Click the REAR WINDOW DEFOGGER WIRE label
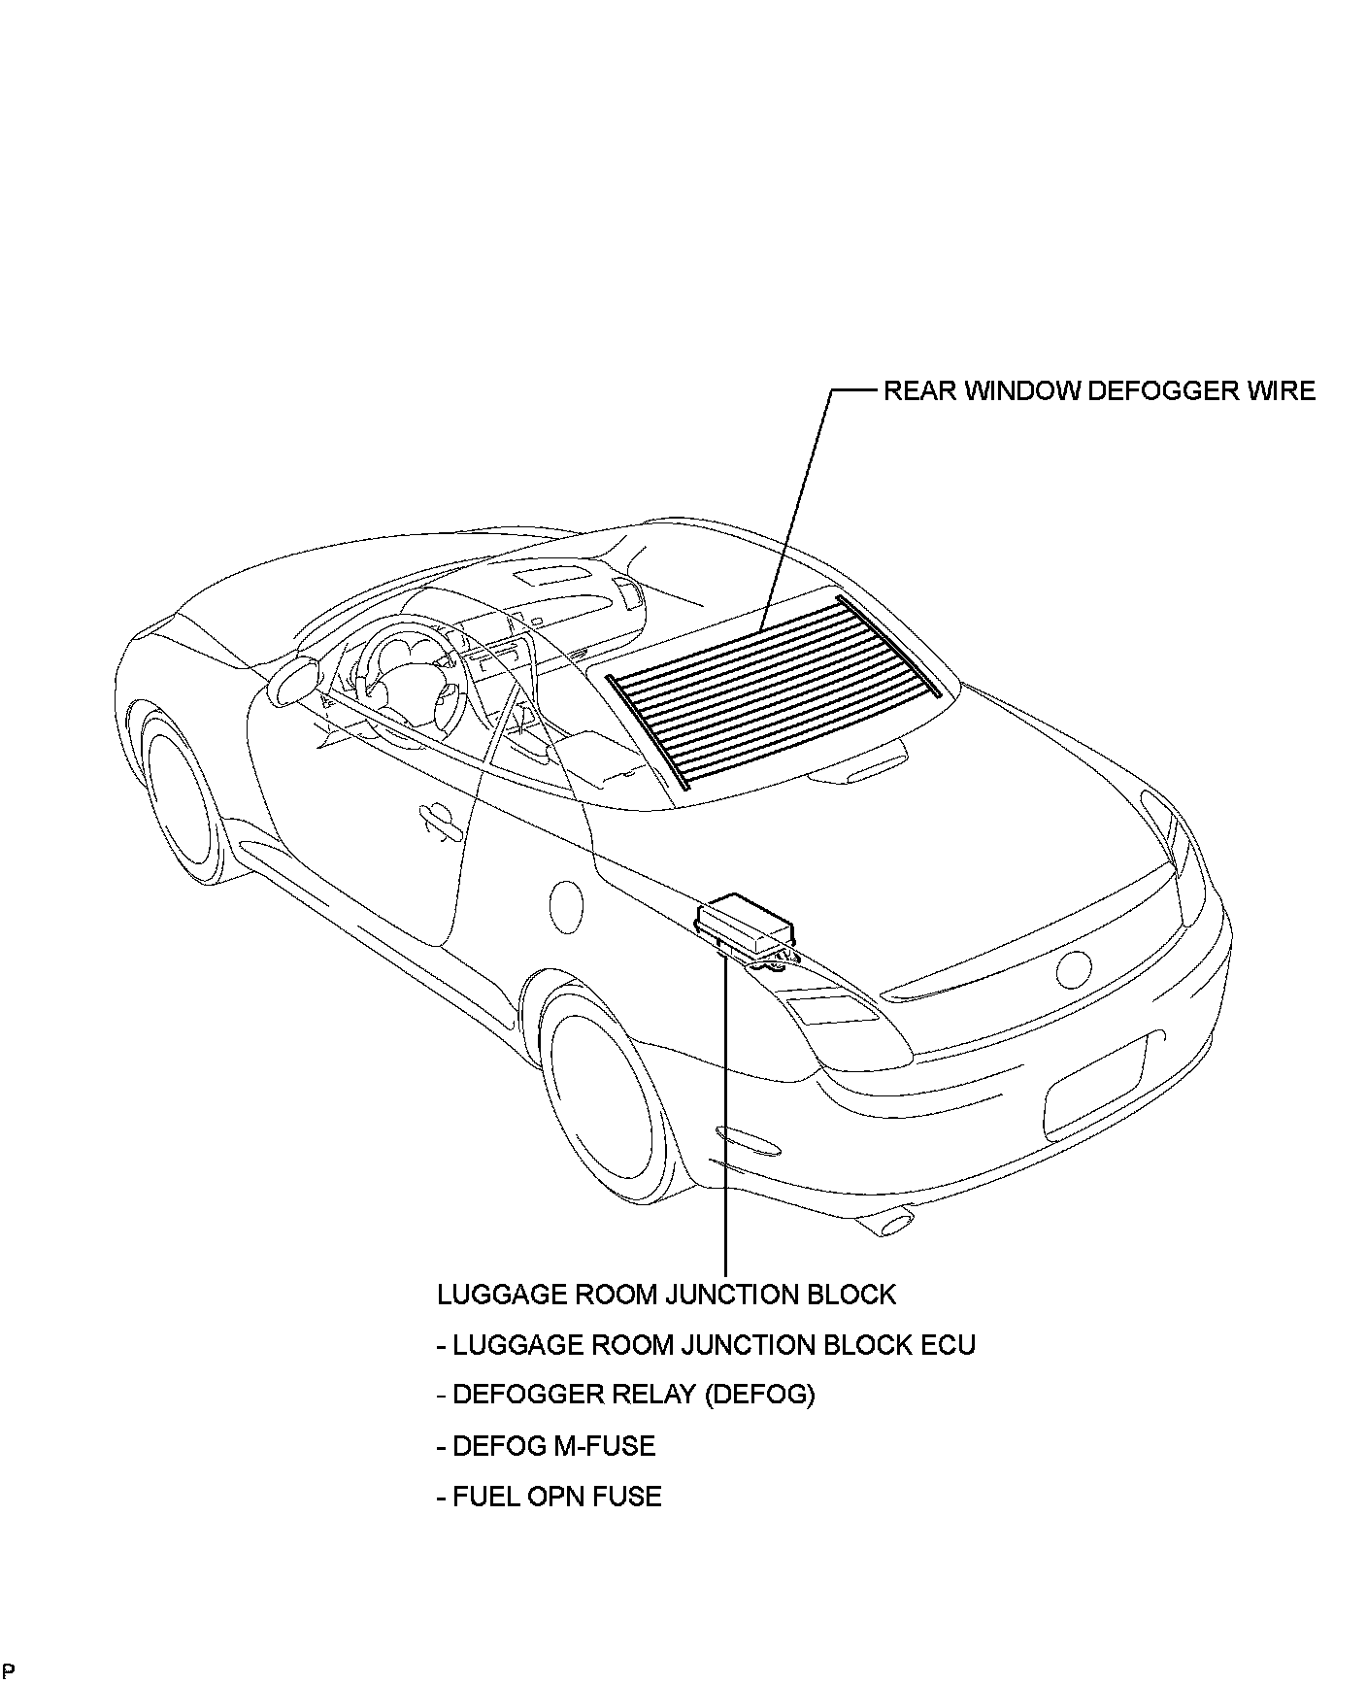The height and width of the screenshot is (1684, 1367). coord(1099,391)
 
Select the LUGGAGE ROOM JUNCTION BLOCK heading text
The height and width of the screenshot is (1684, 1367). coord(666,1295)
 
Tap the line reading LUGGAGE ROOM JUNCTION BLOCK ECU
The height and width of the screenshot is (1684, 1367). coord(706,1345)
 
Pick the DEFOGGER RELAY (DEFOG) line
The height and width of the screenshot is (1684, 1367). coord(626,1395)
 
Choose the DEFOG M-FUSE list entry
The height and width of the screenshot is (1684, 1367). coord(546,1446)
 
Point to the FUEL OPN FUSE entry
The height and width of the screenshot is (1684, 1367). coord(549,1497)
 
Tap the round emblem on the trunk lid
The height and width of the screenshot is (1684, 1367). coord(1075,969)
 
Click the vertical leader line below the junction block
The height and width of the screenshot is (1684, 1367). coord(725,1117)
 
